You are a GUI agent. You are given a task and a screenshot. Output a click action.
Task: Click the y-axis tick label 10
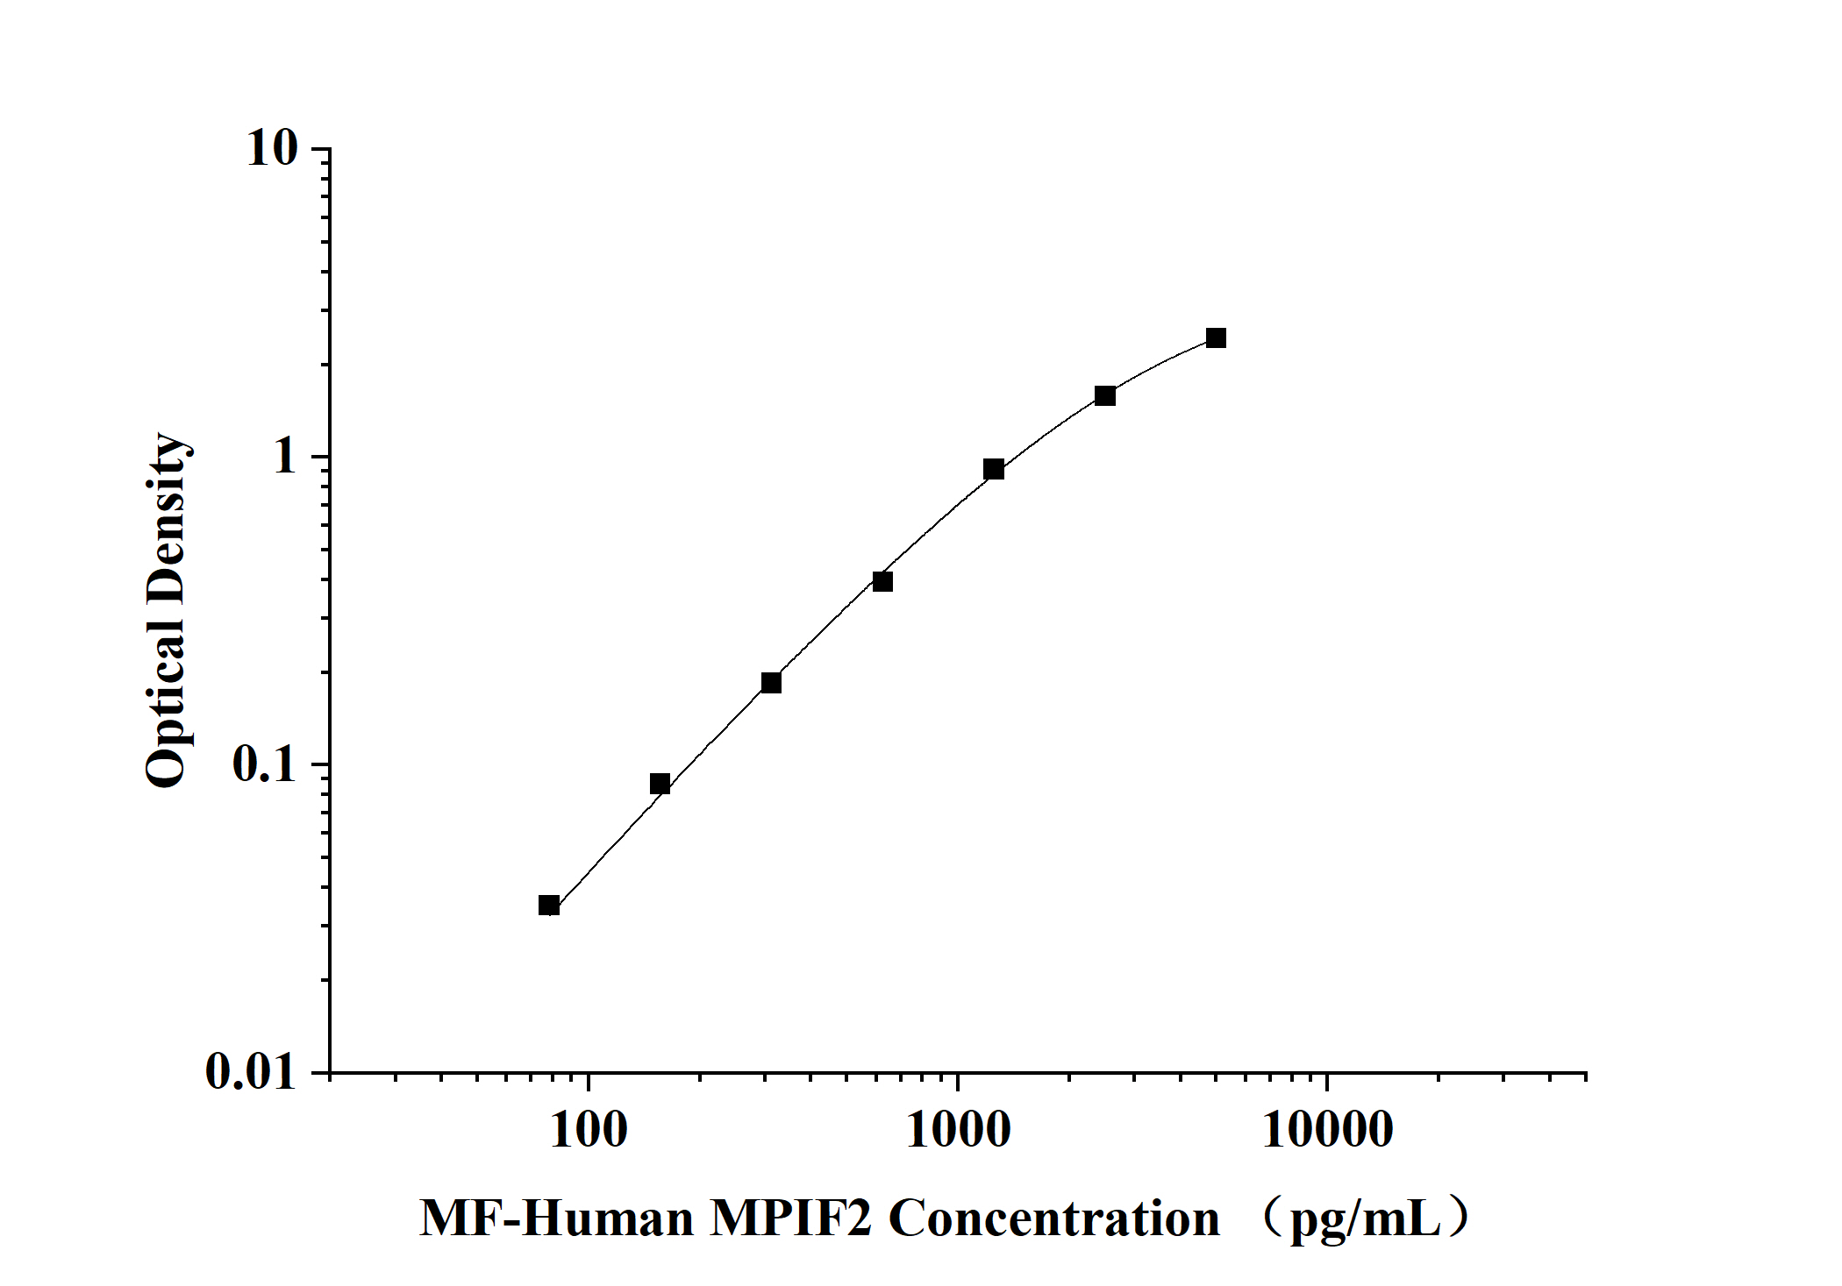tap(273, 148)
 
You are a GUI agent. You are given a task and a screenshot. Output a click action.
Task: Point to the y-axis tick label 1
tap(285, 457)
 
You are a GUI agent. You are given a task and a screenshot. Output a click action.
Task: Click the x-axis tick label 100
tap(589, 1130)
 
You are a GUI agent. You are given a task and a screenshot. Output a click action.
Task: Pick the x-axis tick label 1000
tap(958, 1130)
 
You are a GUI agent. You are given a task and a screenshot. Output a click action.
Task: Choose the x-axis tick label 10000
tap(1327, 1130)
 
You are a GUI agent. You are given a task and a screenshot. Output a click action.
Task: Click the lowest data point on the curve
tap(549, 906)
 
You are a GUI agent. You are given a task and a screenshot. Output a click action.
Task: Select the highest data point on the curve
tap(1216, 338)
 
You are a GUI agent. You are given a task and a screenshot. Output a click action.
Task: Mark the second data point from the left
tap(660, 784)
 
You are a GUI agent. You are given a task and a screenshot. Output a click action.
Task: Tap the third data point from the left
tap(771, 683)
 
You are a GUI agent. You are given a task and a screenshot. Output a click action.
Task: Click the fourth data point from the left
tap(882, 581)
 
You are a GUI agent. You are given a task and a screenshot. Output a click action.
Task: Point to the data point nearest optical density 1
tap(994, 469)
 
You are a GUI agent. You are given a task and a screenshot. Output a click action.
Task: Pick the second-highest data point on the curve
tap(1105, 396)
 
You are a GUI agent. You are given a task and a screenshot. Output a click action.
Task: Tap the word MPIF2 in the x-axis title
tap(790, 1219)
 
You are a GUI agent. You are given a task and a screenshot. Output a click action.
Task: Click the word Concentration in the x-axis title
tap(1054, 1219)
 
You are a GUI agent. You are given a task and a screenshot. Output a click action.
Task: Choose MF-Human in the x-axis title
tap(556, 1219)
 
